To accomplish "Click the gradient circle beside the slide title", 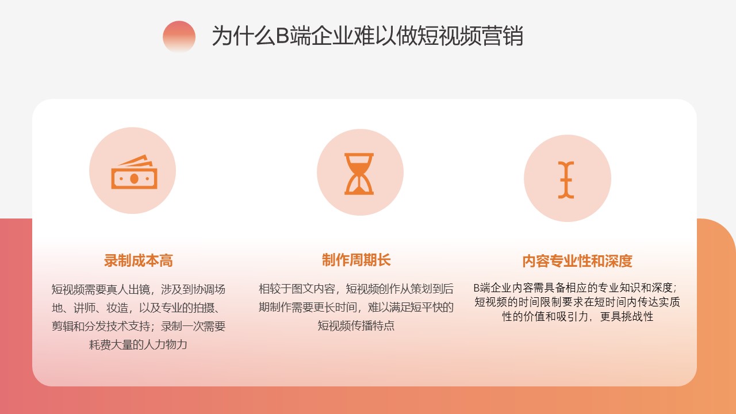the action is click(179, 36).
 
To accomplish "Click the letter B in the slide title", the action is click(282, 36).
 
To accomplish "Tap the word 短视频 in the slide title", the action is click(449, 36).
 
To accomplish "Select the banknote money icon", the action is click(134, 171).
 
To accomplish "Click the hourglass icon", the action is click(359, 174).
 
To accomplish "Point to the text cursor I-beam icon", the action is click(566, 180).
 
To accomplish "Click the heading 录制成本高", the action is click(139, 260).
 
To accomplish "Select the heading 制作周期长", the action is click(356, 260).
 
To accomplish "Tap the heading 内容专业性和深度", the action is click(577, 261).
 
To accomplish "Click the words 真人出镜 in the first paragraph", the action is click(128, 289).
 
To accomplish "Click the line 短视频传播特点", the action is click(356, 325).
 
